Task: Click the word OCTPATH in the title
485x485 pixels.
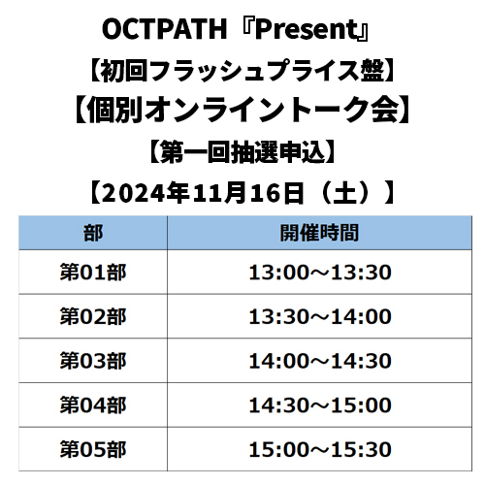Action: (x=165, y=29)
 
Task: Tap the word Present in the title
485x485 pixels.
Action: (x=307, y=29)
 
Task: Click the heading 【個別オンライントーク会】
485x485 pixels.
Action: (x=242, y=110)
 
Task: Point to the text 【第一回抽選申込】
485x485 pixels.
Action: (x=242, y=152)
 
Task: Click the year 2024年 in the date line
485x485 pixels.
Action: (x=145, y=193)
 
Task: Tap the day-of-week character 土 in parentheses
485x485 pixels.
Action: (x=345, y=193)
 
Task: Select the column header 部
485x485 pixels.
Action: (x=93, y=233)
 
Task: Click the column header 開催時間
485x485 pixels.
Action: (x=319, y=233)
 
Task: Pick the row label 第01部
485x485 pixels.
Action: (x=93, y=273)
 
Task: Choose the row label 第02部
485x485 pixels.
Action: (x=93, y=316)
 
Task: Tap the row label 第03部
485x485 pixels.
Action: (x=93, y=361)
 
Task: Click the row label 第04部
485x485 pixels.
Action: (x=93, y=405)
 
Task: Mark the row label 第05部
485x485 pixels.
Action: (x=93, y=449)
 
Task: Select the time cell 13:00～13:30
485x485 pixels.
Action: (x=320, y=273)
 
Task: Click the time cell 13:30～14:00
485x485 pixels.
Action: (x=320, y=316)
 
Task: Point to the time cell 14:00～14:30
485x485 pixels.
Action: (x=320, y=361)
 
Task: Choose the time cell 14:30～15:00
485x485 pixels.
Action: (x=320, y=405)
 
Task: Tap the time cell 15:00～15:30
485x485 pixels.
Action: (x=320, y=449)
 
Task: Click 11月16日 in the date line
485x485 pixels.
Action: (x=248, y=193)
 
